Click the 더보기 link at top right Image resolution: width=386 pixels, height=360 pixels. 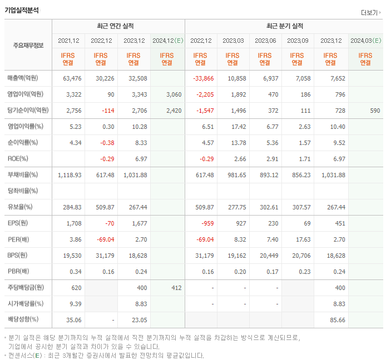coord(369,13)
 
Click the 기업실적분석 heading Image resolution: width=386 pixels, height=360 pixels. coord(22,10)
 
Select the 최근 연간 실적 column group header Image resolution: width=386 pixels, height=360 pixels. coord(118,26)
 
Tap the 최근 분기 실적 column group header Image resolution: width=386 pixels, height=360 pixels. coord(284,26)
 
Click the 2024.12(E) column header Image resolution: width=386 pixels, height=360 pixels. coord(167,41)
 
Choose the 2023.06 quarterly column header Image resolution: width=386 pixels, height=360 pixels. coord(266,41)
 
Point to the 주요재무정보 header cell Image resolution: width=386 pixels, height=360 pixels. coord(28,46)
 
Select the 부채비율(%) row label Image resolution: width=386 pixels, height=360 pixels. coord(23,175)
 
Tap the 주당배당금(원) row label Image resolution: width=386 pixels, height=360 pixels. coord(26,288)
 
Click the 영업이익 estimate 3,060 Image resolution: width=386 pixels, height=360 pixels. coord(174,94)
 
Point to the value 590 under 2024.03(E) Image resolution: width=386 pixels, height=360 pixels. coord(375,111)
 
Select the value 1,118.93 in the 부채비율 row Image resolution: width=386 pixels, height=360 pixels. coord(70,175)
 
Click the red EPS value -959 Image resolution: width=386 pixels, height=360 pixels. coord(206,223)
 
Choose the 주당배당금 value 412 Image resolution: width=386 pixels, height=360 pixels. coord(176,288)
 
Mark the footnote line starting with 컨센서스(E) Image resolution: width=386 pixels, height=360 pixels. coord(106,356)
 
